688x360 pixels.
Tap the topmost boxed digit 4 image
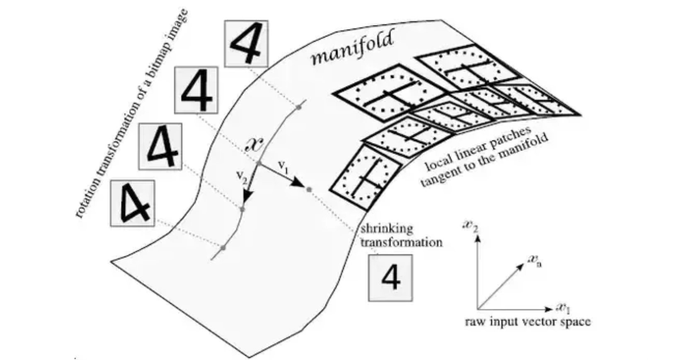click(246, 44)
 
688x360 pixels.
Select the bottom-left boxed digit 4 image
click(133, 203)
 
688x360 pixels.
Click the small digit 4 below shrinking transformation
click(390, 277)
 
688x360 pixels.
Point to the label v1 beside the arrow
click(283, 166)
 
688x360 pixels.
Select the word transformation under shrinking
click(401, 242)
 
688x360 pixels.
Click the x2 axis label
click(471, 226)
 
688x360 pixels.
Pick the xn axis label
click(535, 260)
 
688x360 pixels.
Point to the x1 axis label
click(563, 308)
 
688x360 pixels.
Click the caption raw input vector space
click(527, 322)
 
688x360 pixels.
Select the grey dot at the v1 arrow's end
click(309, 190)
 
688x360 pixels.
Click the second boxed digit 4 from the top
click(196, 90)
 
